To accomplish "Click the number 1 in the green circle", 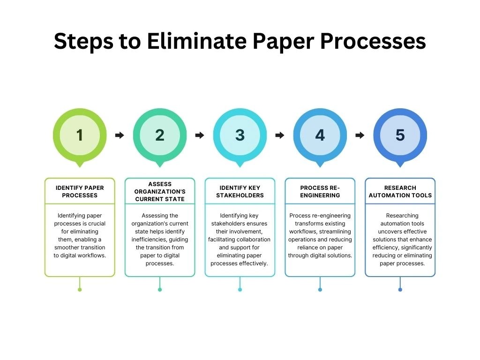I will [80, 135].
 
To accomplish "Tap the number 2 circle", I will [160, 135].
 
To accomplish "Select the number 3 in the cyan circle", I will [240, 135].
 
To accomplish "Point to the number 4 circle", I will [320, 135].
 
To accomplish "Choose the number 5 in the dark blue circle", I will [400, 135].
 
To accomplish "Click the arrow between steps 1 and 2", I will [120, 135].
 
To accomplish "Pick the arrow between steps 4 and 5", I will [360, 135].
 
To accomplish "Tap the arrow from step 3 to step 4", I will [280, 135].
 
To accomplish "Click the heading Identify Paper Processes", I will [80, 191].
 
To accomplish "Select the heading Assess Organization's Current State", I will [160, 191].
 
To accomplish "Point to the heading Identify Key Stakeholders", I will [240, 191].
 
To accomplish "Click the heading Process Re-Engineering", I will [320, 191].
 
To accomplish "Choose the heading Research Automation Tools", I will [400, 191].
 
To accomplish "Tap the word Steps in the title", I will [83, 41].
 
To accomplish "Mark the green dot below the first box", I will [80, 290].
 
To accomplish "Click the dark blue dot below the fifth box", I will [400, 290].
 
